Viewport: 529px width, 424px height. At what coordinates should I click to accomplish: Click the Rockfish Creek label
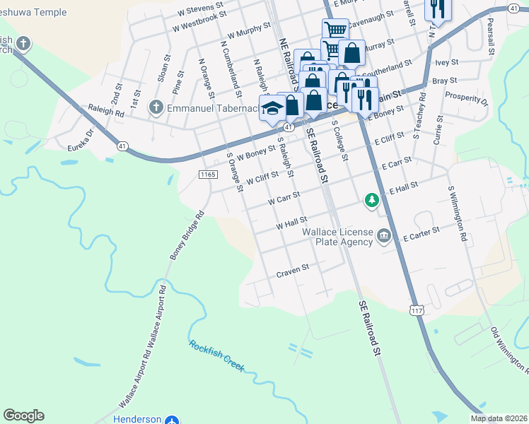[x=216, y=356]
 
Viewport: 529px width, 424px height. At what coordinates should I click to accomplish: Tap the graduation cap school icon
[x=272, y=108]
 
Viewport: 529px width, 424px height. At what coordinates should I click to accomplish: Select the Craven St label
[x=293, y=271]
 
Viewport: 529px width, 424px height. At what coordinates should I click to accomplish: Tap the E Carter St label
[x=422, y=235]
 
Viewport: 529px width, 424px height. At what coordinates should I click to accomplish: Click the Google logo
[x=23, y=415]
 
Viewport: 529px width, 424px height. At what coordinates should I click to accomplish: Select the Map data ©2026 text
[x=498, y=418]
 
